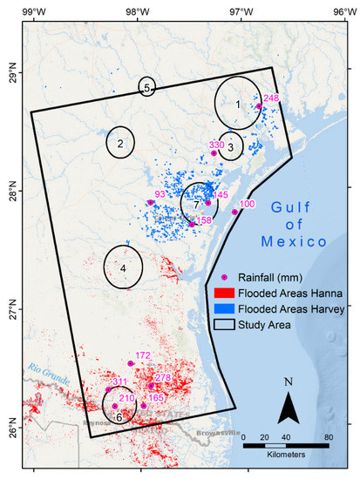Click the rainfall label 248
(x=270, y=98)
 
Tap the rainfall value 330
(x=217, y=145)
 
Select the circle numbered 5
(x=147, y=87)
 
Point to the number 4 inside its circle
(x=123, y=268)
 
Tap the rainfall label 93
(x=159, y=194)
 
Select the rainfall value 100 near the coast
(x=247, y=204)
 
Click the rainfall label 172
(x=144, y=355)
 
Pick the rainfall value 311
(x=119, y=382)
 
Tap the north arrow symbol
(x=291, y=402)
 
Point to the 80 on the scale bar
(x=329, y=436)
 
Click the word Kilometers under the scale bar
(x=286, y=455)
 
